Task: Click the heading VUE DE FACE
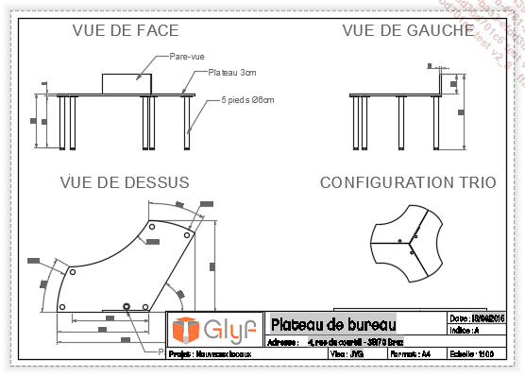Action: point(121,30)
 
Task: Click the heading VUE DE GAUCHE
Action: point(408,30)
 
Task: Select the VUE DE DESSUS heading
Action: point(124,181)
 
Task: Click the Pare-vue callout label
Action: point(187,57)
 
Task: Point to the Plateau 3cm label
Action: point(232,72)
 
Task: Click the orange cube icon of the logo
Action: point(185,330)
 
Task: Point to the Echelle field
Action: point(472,353)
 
